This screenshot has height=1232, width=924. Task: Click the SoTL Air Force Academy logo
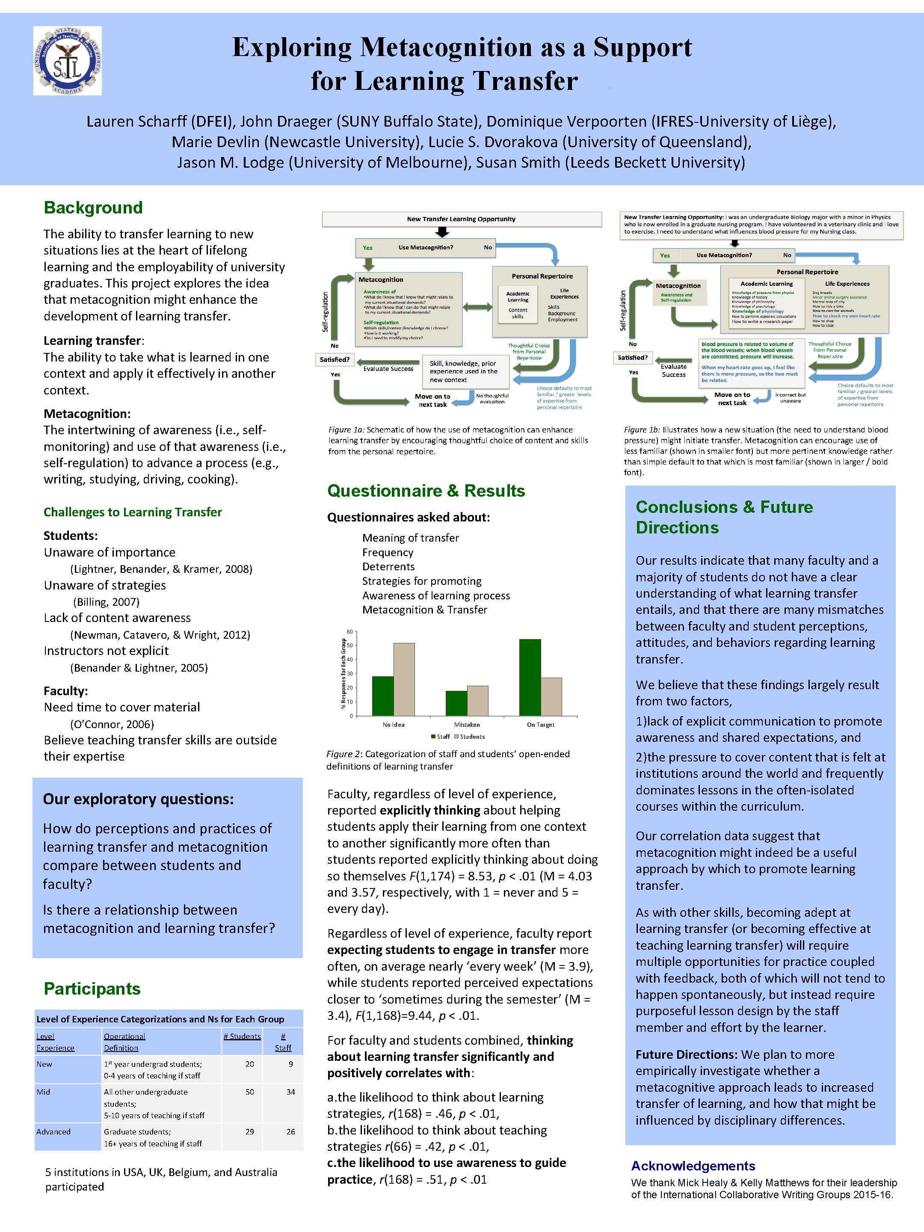pos(68,60)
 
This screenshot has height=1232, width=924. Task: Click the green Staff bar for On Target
pos(530,677)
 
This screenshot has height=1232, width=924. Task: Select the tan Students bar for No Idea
pos(404,679)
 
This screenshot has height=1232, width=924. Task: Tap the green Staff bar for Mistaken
pos(456,703)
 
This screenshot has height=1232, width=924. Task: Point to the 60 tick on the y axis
pos(349,631)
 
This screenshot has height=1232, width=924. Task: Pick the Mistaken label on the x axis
pos(467,725)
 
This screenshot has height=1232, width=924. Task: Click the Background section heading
pos(93,208)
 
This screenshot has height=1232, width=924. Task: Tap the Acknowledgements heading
pos(693,1166)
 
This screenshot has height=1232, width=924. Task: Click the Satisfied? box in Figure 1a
pos(335,360)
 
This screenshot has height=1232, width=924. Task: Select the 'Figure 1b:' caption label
pos(642,429)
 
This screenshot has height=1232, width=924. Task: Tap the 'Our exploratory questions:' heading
pos(138,799)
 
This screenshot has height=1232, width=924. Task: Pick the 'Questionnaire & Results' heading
pos(426,491)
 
